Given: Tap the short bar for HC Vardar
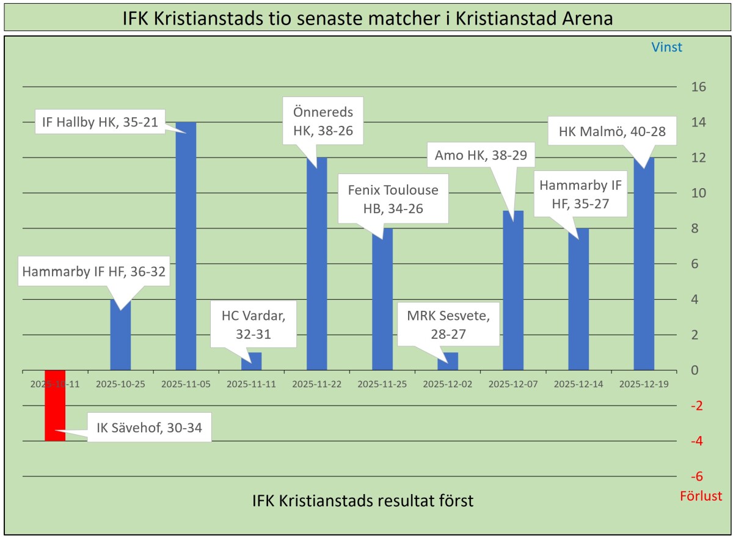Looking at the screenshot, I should tap(251, 361).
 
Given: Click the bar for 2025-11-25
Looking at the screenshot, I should tap(382, 299).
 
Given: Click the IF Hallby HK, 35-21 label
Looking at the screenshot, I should tap(101, 122).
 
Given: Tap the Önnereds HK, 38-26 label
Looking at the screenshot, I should tap(322, 121).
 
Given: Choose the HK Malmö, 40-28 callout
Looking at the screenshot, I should tap(612, 130).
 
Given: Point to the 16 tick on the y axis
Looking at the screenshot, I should tap(699, 87).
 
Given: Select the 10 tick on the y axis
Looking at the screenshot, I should tap(699, 193).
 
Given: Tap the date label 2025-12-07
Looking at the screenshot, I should tap(513, 385).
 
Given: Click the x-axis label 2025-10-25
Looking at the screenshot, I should tap(120, 385).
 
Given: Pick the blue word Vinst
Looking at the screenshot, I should tap(666, 47).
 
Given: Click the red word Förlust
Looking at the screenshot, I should tap(701, 496).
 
